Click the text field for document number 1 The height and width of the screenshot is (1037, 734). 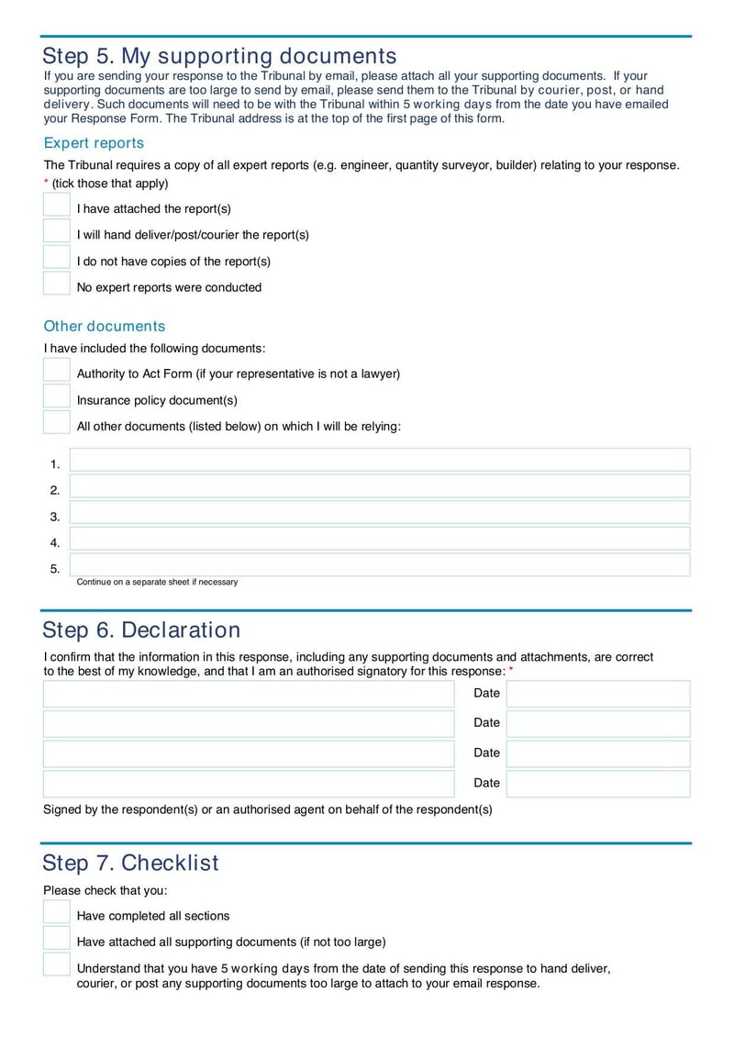pyautogui.click(x=380, y=461)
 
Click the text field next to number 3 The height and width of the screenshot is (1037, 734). pyautogui.click(x=380, y=513)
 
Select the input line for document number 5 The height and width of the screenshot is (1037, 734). pyautogui.click(x=380, y=565)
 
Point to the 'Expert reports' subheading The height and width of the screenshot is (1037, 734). pyautogui.click(x=94, y=143)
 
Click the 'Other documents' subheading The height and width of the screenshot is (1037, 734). pyautogui.click(x=105, y=327)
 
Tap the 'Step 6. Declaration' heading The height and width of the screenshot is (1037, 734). pyautogui.click(x=141, y=630)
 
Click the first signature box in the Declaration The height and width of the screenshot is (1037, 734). pyautogui.click(x=249, y=694)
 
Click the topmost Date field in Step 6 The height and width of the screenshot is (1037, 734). pyautogui.click(x=598, y=694)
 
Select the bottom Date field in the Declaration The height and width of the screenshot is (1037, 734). pyautogui.click(x=598, y=784)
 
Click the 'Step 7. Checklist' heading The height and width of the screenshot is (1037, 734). pyautogui.click(x=130, y=864)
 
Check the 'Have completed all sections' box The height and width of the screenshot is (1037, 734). pyautogui.click(x=57, y=912)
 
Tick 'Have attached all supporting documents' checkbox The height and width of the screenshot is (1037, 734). pyautogui.click(x=57, y=938)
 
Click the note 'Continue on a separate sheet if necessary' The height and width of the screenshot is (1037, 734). pyautogui.click(x=157, y=582)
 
